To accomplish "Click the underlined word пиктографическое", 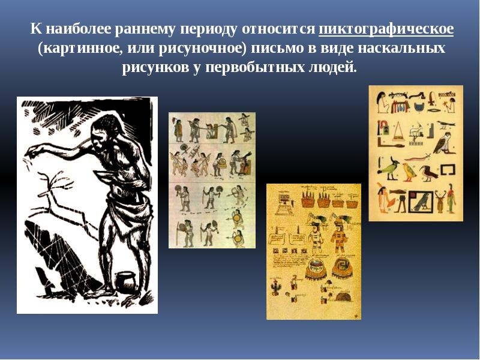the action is pyautogui.click(x=386, y=29).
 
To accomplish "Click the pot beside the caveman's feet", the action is pyautogui.click(x=125, y=280).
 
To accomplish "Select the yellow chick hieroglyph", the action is pyautogui.click(x=409, y=172).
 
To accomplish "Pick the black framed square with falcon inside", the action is pyautogui.click(x=421, y=201).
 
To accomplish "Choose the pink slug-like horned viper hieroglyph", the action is pyautogui.click(x=417, y=158).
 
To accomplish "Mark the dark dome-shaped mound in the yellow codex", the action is pyautogui.click(x=343, y=296).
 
